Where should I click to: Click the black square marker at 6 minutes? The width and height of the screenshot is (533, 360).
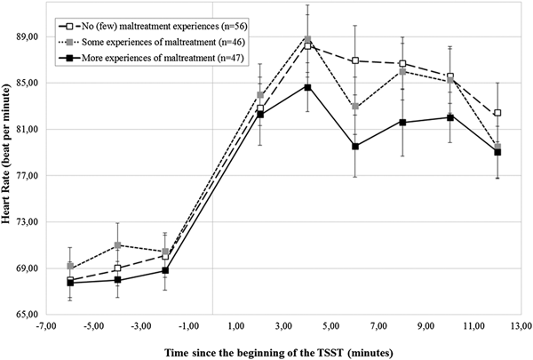click(355, 146)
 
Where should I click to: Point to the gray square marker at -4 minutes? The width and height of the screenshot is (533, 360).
click(117, 244)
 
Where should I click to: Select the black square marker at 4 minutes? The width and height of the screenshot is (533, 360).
click(307, 87)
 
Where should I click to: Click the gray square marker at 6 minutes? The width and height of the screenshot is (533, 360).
click(355, 107)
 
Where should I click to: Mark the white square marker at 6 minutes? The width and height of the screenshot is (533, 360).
click(355, 60)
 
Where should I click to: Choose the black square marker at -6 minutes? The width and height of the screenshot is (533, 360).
click(70, 283)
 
